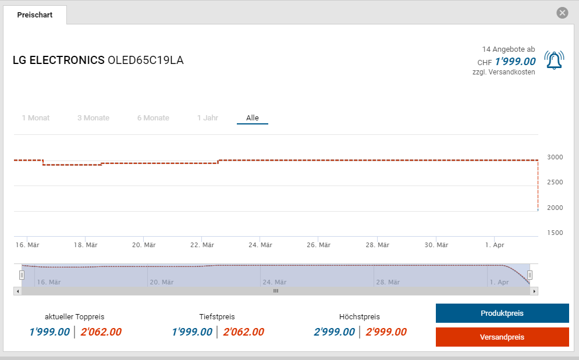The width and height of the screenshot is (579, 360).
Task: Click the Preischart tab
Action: point(35,15)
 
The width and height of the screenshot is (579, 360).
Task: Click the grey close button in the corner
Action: point(562,13)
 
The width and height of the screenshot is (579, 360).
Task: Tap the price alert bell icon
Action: point(554,60)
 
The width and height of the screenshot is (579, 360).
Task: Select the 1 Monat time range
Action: point(35,118)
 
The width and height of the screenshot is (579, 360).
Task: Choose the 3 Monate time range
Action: point(93,118)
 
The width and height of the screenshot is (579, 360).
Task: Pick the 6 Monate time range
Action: point(153,118)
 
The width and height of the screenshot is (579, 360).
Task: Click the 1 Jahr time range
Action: point(208,118)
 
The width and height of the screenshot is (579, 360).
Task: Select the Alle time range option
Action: point(253,118)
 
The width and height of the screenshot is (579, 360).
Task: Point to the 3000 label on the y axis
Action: point(555,157)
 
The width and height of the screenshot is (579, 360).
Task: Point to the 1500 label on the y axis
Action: point(555,233)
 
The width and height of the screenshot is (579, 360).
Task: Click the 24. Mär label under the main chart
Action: point(260,245)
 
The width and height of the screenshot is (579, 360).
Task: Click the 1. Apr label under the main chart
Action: point(494,245)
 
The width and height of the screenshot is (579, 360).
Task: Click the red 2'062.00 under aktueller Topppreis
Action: point(101,332)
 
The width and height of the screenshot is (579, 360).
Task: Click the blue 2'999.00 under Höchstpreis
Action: point(334,332)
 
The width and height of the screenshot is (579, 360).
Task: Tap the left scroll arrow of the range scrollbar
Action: point(18,291)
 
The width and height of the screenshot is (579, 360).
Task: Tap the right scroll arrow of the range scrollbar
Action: point(534,291)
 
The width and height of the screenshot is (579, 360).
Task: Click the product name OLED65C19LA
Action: point(145,60)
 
